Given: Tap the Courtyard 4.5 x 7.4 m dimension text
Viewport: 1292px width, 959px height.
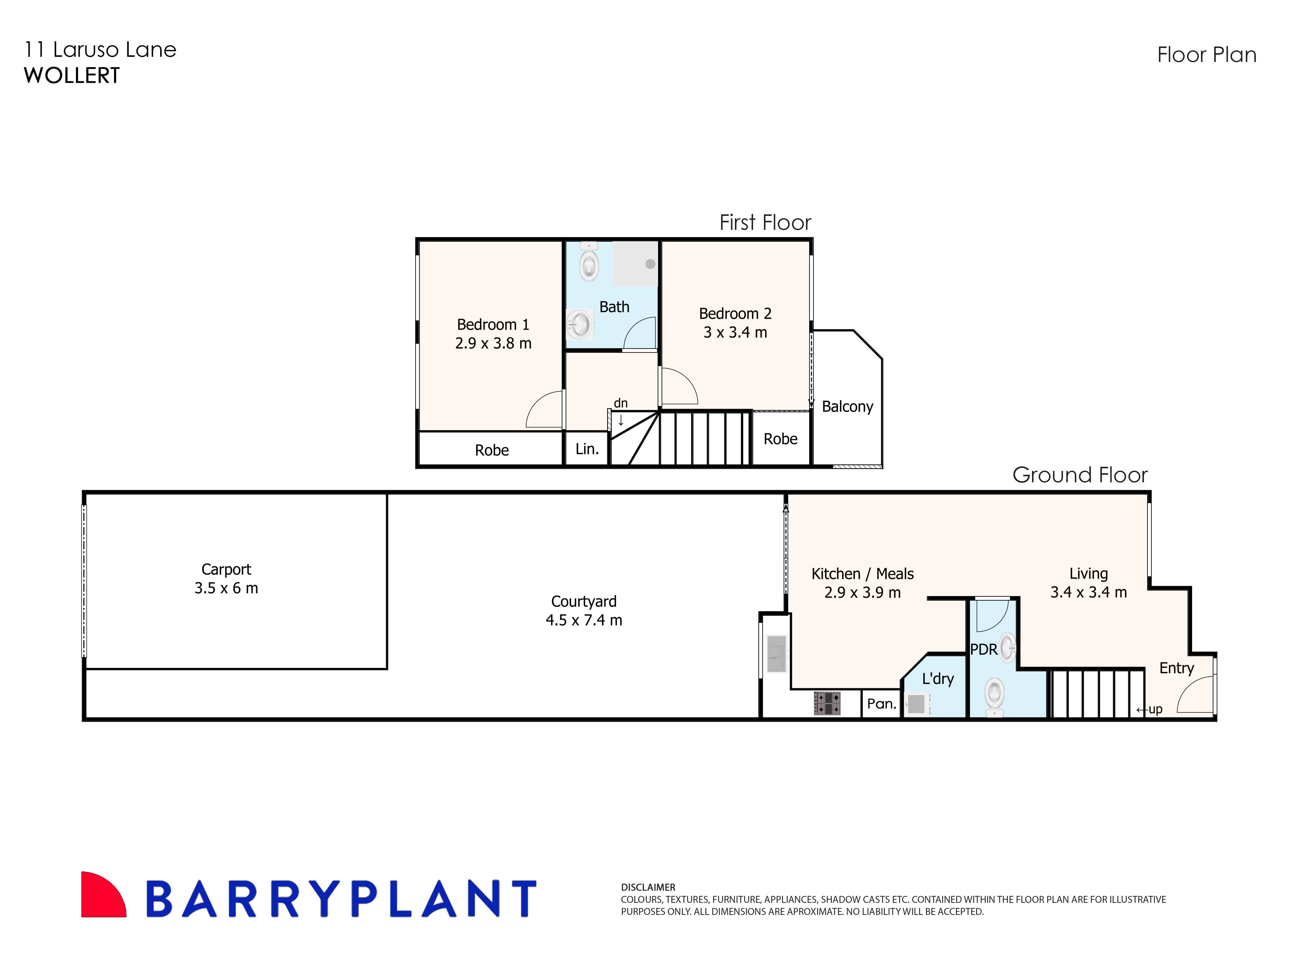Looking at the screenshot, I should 584,620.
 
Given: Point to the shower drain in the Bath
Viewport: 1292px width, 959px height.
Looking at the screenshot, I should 650,264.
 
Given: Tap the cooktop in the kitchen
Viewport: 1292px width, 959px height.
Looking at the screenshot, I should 827,703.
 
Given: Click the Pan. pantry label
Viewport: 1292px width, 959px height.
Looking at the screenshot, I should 881,704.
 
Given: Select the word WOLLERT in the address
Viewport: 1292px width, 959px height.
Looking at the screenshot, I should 71,76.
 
